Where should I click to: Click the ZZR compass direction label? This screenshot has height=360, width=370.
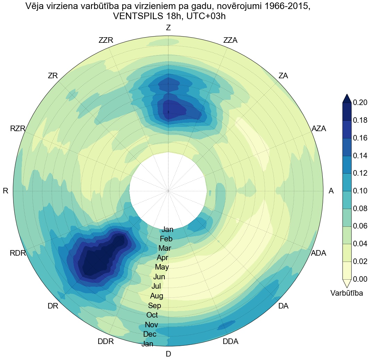point(106,40)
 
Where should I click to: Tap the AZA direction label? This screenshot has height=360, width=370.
point(319,129)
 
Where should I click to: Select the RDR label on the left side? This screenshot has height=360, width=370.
point(18,253)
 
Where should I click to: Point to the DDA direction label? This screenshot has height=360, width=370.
point(230,342)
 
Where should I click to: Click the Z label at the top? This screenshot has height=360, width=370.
point(168,28)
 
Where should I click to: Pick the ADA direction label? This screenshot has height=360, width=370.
point(318,253)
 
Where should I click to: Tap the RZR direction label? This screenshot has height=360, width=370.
point(18,129)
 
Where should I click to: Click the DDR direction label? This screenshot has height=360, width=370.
point(106,342)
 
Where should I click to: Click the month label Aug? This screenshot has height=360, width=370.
point(157,296)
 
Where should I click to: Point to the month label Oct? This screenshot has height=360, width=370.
point(152,315)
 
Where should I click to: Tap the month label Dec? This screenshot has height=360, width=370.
point(150,334)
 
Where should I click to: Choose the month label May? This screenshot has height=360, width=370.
point(162,267)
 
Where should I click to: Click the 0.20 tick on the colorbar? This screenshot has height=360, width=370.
point(360,103)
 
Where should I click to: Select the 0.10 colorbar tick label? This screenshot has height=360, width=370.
point(360,191)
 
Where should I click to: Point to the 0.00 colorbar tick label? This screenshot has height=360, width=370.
point(360,279)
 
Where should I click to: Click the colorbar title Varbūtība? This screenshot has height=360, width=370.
point(347,293)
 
